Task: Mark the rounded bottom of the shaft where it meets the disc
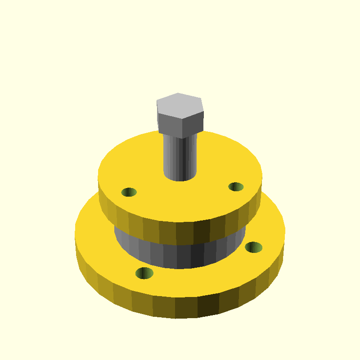pos(180,178)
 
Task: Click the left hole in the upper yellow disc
pos(129,192)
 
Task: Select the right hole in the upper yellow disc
pos(236,187)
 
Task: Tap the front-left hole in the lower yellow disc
pos(144,273)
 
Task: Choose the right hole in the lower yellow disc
pos(254,247)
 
